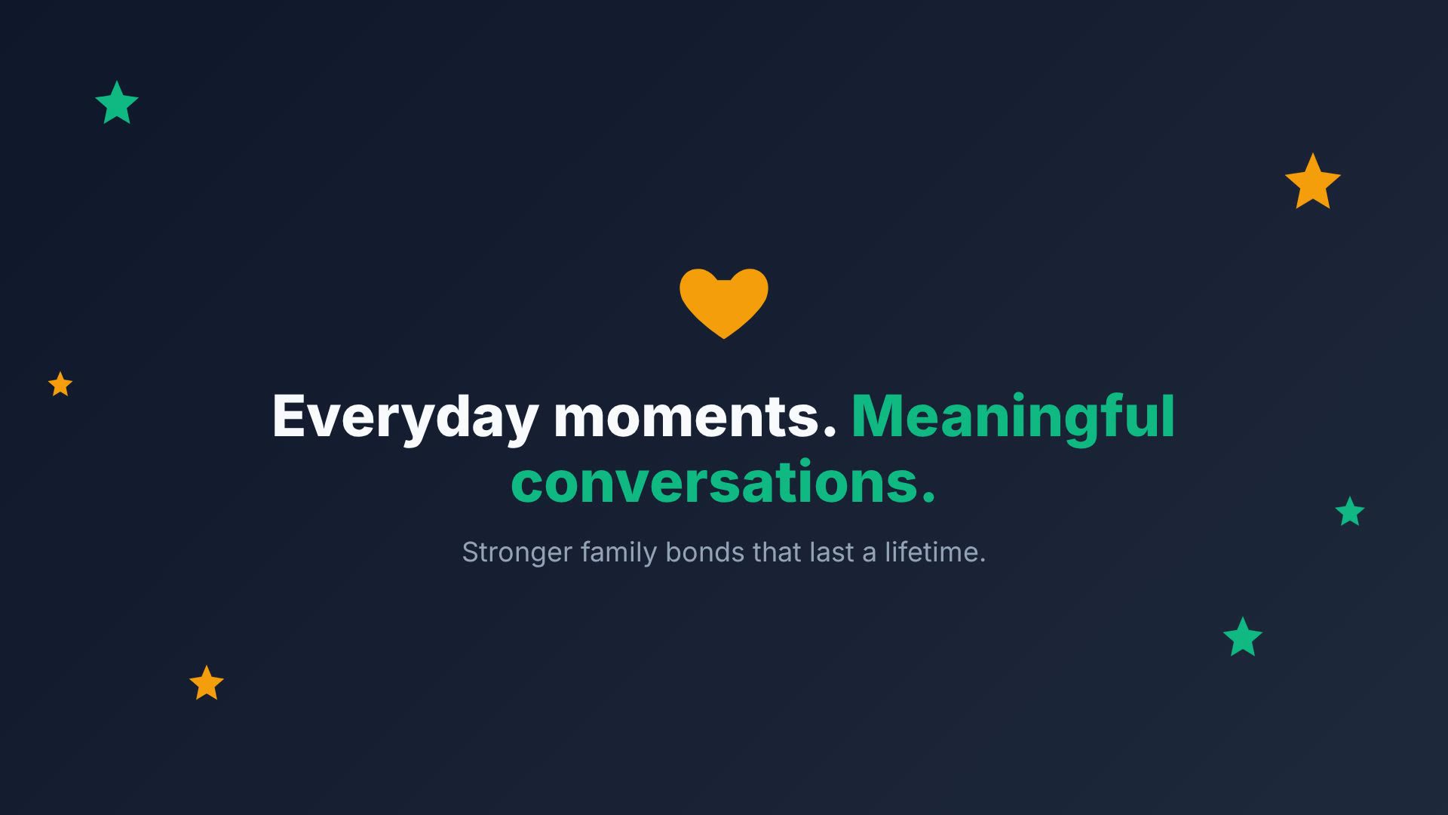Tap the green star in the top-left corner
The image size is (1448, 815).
pos(117,103)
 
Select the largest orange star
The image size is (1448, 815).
pos(1313,182)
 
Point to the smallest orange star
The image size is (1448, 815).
pos(60,384)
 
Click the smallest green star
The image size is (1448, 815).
pos(1350,512)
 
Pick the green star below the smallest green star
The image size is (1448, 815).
pos(1243,638)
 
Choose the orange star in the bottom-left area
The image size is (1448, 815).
pos(207,683)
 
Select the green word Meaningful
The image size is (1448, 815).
pos(1014,417)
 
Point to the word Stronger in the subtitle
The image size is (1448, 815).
pos(517,552)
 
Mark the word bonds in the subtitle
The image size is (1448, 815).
pos(705,552)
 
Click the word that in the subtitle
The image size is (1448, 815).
pos(777,552)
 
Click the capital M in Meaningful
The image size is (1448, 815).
pos(876,416)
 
